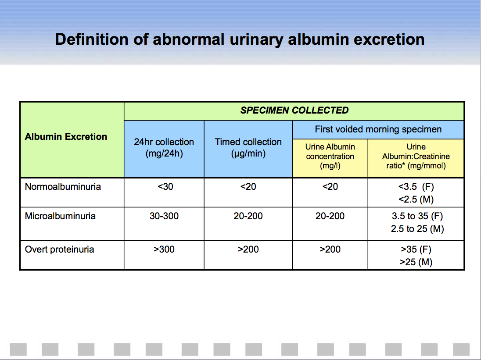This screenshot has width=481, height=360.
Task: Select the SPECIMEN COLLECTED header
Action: tap(294, 110)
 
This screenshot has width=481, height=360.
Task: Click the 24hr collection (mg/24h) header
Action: tap(164, 147)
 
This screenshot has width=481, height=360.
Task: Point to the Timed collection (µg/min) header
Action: tap(248, 147)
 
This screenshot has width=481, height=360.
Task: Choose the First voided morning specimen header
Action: tap(378, 129)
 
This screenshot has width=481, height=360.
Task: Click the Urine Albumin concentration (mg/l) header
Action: tap(330, 156)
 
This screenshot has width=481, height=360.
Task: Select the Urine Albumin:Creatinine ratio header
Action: tap(416, 156)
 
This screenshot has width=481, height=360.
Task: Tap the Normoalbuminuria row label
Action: tap(63, 187)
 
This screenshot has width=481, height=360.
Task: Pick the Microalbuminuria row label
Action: tap(60, 216)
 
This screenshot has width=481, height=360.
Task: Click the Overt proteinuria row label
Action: tap(60, 250)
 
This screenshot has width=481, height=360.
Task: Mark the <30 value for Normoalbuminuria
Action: tap(165, 187)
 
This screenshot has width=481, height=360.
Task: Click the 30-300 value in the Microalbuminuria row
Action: tap(164, 216)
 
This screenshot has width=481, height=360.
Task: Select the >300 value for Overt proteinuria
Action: tap(164, 250)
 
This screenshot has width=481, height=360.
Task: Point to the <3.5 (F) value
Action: tap(416, 187)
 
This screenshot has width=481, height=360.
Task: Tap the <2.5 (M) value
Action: tap(416, 200)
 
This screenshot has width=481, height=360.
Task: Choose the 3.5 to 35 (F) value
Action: tap(417, 216)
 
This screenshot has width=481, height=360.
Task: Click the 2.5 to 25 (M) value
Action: tap(417, 229)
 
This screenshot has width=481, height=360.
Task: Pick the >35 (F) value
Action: tap(416, 250)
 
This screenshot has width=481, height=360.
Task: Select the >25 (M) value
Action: tap(416, 262)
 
